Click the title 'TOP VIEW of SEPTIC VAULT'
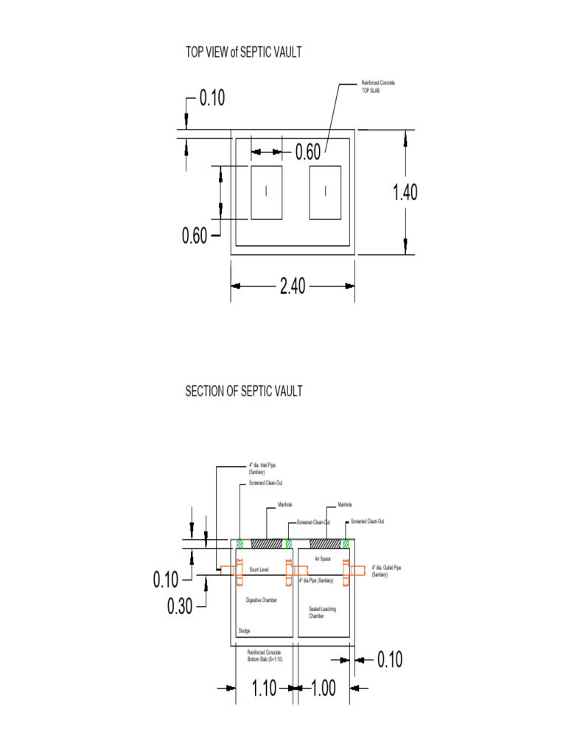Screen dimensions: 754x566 pos(243,52)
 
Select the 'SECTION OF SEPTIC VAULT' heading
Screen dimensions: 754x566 pos(243,391)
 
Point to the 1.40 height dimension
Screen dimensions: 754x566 pos(405,192)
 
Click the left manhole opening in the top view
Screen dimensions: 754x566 pos(266,192)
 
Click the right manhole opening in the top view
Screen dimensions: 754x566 pos(325,192)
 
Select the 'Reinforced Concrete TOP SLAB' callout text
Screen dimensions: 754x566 pos(377,86)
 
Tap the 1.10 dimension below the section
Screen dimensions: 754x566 pos(264,688)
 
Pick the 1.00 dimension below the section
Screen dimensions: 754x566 pos(323,688)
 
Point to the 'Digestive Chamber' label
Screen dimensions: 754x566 pos(262,601)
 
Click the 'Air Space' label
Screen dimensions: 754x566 pos(322,560)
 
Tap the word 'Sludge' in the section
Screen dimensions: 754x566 pos(244,631)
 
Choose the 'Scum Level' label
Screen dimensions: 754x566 pos(259,570)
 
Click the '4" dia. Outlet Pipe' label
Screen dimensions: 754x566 pos(386,571)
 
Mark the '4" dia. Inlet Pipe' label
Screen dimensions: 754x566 pos(262,468)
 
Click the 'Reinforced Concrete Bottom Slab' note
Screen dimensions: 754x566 pos(265,655)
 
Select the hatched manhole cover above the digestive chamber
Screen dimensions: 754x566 pos(267,543)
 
